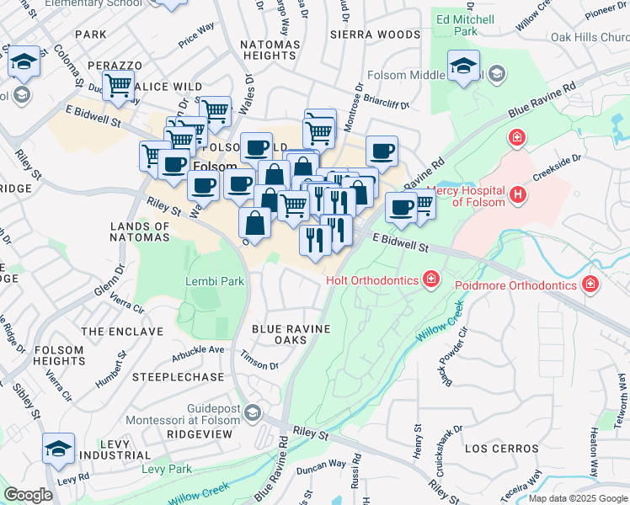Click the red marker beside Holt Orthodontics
pyautogui.click(x=431, y=278)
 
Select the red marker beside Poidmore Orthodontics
pyautogui.click(x=591, y=284)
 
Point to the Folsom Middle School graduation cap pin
pyautogui.click(x=463, y=66)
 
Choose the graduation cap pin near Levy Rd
pyautogui.click(x=58, y=448)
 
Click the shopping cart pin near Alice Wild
pyautogui.click(x=120, y=85)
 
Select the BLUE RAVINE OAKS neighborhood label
pyautogui.click(x=291, y=334)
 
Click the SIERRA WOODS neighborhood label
pyautogui.click(x=375, y=35)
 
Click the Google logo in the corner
pyautogui.click(x=28, y=495)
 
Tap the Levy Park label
pyautogui.click(x=167, y=469)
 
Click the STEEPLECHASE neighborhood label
pyautogui.click(x=184, y=377)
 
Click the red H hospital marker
pyautogui.click(x=518, y=195)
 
